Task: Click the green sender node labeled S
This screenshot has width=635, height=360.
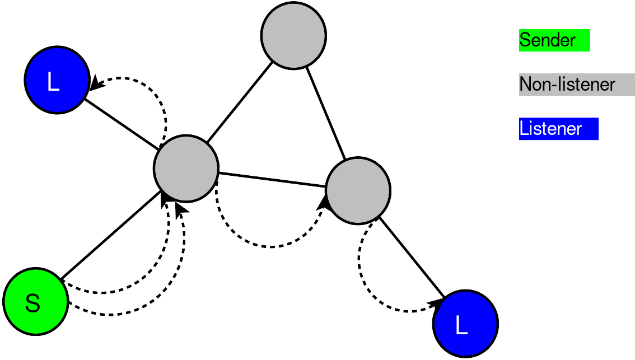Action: (36, 301)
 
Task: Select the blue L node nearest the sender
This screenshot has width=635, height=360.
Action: (57, 80)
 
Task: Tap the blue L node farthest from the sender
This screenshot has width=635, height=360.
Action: (465, 324)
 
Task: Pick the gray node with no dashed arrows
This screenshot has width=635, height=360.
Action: (293, 36)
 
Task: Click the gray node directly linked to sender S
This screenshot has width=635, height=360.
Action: (186, 168)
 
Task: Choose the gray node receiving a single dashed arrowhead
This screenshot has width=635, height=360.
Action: (358, 190)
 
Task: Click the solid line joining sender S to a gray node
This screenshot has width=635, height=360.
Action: (110, 235)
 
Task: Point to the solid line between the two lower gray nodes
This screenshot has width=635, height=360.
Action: (272, 180)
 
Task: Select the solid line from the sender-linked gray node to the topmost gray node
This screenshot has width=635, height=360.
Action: (239, 102)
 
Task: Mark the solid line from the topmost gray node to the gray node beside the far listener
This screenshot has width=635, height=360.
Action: (325, 113)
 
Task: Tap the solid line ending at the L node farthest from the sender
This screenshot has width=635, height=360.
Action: (412, 258)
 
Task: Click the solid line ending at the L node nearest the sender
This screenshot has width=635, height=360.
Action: (122, 124)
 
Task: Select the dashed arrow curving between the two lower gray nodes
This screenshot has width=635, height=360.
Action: (270, 246)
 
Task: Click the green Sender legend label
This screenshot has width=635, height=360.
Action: (554, 40)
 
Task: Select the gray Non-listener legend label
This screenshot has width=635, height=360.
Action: (577, 84)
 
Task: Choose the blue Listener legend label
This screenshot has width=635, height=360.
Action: (558, 129)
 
